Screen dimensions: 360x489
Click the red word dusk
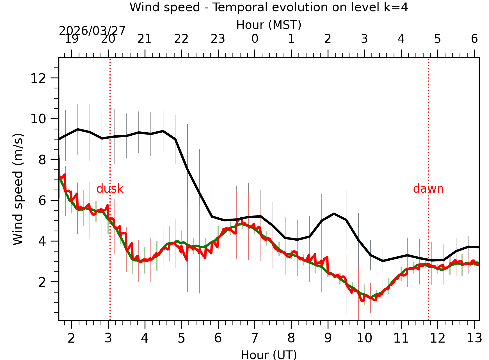(x=110, y=189)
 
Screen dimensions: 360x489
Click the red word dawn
(x=428, y=189)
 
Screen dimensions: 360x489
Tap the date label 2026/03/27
(x=92, y=31)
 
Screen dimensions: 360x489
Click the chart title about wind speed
(x=269, y=7)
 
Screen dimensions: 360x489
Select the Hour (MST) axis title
(x=269, y=25)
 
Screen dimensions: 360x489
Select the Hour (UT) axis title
(x=269, y=355)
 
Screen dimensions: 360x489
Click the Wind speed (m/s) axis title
(x=18, y=189)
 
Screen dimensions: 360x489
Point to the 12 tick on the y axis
(x=38, y=78)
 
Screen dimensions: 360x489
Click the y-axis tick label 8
(x=42, y=160)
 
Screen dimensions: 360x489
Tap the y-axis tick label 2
(x=42, y=282)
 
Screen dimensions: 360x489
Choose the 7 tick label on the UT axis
(x=255, y=338)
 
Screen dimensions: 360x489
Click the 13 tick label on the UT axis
(x=474, y=338)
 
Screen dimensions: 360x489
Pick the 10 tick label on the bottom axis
(x=364, y=338)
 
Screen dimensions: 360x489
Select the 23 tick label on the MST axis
(x=218, y=39)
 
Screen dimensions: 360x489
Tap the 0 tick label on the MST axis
(x=255, y=39)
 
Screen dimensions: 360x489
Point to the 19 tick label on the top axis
(x=72, y=39)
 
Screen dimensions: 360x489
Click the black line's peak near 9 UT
(x=334, y=214)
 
